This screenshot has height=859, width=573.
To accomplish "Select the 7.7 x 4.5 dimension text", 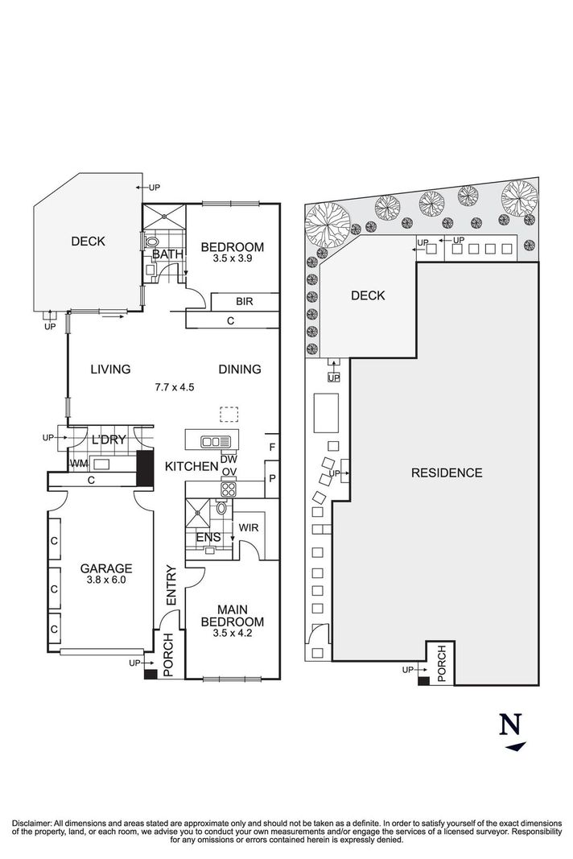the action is [175, 386].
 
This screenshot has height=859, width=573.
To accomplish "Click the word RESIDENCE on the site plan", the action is [447, 473].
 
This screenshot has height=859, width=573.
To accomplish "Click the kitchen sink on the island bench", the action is [215, 441].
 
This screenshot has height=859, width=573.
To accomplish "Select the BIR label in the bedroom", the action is [245, 302].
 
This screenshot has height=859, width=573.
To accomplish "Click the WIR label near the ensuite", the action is [248, 528].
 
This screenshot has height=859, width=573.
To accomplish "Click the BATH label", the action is [167, 254].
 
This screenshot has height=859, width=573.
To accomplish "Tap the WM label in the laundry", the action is [78, 464].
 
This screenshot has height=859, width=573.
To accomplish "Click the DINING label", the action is [240, 370].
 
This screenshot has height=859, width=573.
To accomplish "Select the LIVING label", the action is [110, 370].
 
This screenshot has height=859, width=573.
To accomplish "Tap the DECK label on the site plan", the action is [368, 295].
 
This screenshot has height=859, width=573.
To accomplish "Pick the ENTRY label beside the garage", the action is [170, 586].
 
